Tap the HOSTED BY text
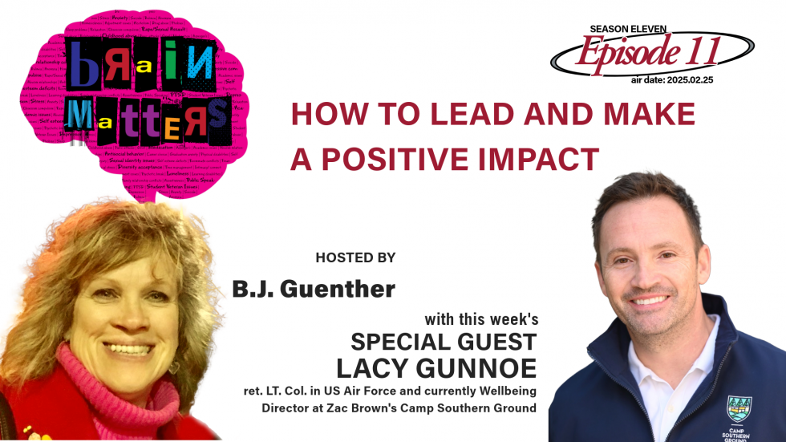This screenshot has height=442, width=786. click(355, 257)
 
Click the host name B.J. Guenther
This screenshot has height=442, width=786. click(314, 289)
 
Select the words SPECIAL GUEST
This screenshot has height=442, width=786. click(444, 341)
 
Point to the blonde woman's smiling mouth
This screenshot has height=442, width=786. click(130, 349)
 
